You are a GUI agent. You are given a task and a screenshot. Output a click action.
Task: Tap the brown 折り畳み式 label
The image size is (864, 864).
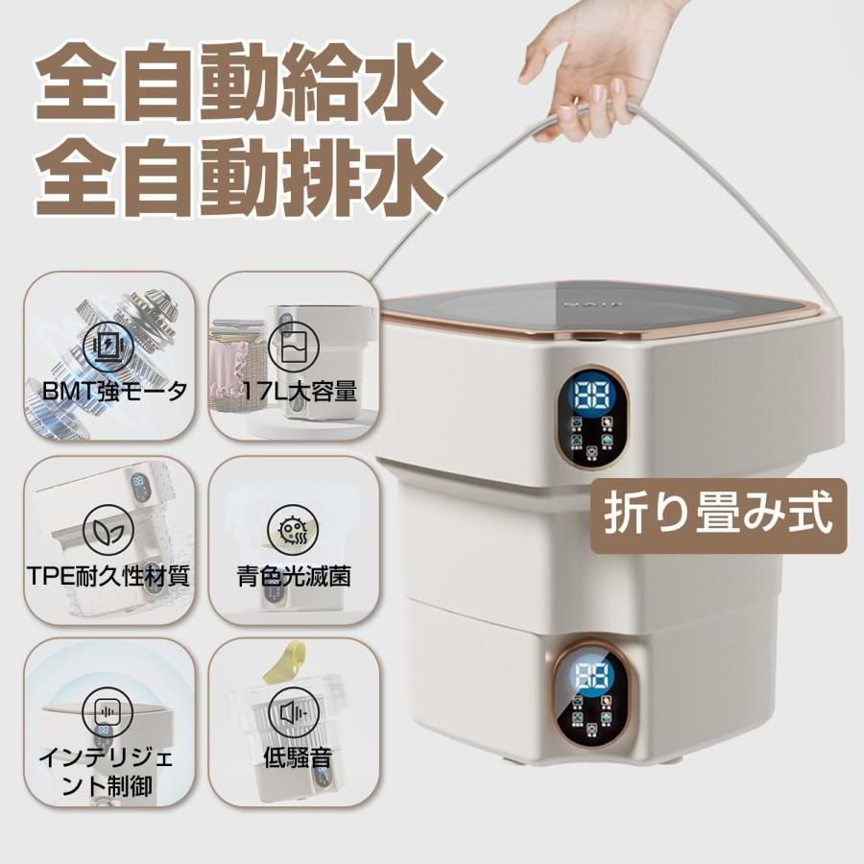(717, 518)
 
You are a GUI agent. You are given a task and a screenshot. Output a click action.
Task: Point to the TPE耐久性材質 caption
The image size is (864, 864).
(108, 578)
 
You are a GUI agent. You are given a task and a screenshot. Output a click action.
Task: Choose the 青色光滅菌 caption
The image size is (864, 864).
(293, 578)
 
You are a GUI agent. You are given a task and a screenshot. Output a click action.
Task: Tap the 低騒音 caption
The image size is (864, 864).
(297, 758)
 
